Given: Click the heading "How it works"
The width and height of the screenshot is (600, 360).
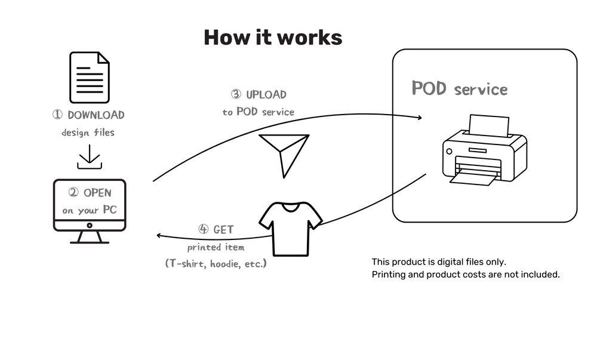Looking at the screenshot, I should click(273, 37).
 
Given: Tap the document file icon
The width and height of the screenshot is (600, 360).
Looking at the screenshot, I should click(90, 77).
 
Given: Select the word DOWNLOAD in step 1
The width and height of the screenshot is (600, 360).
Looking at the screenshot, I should click(96, 115).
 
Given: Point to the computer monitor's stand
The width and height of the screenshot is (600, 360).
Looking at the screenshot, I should click(90, 237).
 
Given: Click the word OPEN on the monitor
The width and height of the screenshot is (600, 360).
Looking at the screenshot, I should click(97, 193).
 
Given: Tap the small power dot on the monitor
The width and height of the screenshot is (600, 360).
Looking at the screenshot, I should click(90, 226).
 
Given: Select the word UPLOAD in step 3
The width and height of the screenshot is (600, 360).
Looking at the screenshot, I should click(266, 94).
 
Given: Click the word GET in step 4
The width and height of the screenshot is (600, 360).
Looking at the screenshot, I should click(224, 230).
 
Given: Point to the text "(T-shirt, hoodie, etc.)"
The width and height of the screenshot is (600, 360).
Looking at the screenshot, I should click(216, 263).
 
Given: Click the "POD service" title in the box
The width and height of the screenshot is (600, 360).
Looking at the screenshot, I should click(460, 89).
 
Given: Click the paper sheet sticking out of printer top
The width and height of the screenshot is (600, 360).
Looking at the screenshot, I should click(489, 126).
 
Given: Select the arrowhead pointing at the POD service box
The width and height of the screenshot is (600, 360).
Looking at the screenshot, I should click(419, 118).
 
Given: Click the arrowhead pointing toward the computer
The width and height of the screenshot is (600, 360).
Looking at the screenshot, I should click(159, 236).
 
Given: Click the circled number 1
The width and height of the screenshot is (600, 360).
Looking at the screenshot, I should click(57, 115).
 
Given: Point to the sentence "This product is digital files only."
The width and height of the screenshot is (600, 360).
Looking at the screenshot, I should click(439, 262).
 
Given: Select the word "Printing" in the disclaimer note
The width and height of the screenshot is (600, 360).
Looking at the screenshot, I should click(388, 275).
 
